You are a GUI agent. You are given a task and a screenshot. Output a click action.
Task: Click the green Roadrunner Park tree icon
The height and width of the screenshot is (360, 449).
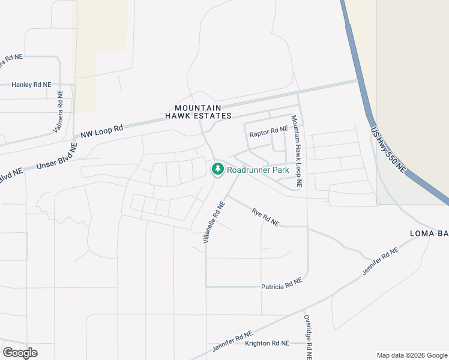point(217,169)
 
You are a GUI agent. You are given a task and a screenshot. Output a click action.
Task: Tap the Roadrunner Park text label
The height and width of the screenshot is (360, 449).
point(258,170)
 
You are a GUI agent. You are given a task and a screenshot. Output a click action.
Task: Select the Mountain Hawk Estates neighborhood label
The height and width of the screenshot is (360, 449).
point(198,111)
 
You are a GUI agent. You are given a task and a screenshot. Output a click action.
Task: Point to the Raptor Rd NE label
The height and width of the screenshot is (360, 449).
point(270,130)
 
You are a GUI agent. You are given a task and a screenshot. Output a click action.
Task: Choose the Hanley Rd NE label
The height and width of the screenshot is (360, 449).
point(31,85)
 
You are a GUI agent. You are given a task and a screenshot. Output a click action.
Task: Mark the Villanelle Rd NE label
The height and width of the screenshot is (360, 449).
point(214,221)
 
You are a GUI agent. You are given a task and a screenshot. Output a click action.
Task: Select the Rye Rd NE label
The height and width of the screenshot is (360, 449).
point(265,217)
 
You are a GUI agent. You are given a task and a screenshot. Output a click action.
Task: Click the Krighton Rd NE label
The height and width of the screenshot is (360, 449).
point(267,343)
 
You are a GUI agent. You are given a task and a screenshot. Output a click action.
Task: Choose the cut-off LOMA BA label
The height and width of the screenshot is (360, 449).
point(429,233)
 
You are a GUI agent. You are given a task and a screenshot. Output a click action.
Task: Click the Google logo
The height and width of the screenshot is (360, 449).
point(20,352)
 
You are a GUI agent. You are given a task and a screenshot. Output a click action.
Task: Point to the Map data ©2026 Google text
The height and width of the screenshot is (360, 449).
point(412,355)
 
